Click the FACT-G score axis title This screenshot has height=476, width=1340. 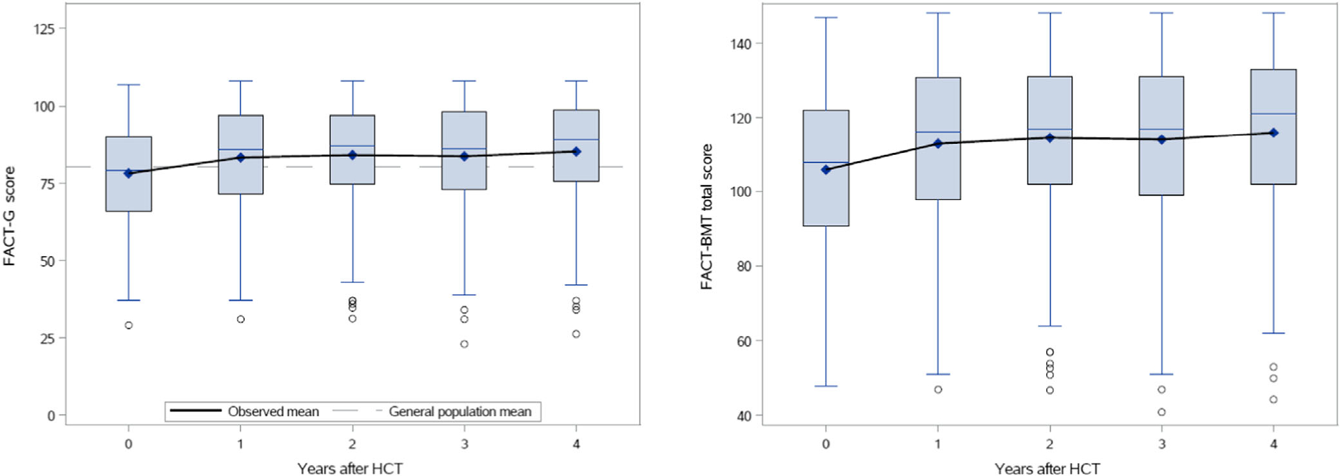point(9,216)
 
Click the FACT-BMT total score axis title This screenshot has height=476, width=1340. point(706,217)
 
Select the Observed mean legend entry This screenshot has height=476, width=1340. point(244,412)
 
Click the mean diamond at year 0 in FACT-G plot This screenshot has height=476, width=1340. point(129,173)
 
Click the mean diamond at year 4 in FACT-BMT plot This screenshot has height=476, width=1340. point(1274,133)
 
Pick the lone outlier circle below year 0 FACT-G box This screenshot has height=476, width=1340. point(129,325)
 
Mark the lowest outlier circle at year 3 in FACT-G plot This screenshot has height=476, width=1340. point(464,344)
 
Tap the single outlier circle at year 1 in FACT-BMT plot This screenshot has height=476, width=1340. point(938,390)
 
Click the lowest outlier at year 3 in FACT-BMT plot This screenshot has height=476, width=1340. point(1161,412)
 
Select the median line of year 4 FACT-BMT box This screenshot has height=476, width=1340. point(1274,114)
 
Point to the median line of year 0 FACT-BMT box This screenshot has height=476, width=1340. point(826,163)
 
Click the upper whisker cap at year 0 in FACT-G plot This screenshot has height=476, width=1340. point(129,84)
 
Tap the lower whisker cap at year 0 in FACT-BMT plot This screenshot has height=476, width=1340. point(826,386)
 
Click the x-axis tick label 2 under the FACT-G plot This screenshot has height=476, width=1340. point(352,444)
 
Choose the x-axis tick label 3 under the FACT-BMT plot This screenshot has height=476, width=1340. point(1161,444)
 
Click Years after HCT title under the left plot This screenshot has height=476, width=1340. point(350,468)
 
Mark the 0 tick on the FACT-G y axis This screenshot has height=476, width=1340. point(51,415)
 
